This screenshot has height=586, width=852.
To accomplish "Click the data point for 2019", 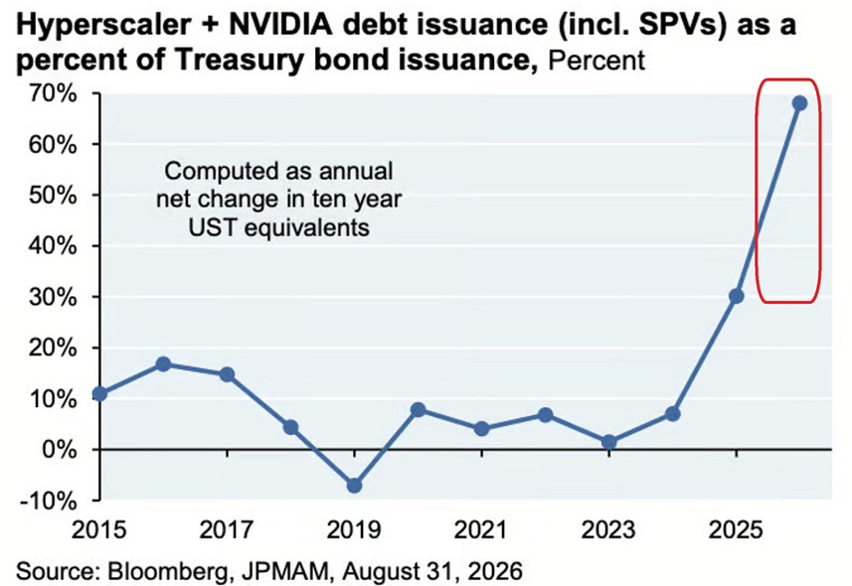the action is coord(354,485).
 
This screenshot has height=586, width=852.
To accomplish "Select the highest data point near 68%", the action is coord(800,103).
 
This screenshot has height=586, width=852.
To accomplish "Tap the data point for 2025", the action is coord(737,296).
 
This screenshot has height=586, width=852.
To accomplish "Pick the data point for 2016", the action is coord(163,364).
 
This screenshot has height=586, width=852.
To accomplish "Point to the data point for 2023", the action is coord(609,442).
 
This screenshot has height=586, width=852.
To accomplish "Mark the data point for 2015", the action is coord(100,393).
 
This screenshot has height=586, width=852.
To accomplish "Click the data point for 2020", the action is coord(418,409).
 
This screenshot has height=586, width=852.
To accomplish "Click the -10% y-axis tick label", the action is coord(48,501).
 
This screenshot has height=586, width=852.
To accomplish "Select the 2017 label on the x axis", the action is coord(226,529).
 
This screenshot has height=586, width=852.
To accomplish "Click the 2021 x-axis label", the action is coord(481,529).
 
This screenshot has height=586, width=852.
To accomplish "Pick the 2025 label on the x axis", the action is coord(736,529).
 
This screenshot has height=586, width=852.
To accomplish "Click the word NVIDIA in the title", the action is coord(279,25).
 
